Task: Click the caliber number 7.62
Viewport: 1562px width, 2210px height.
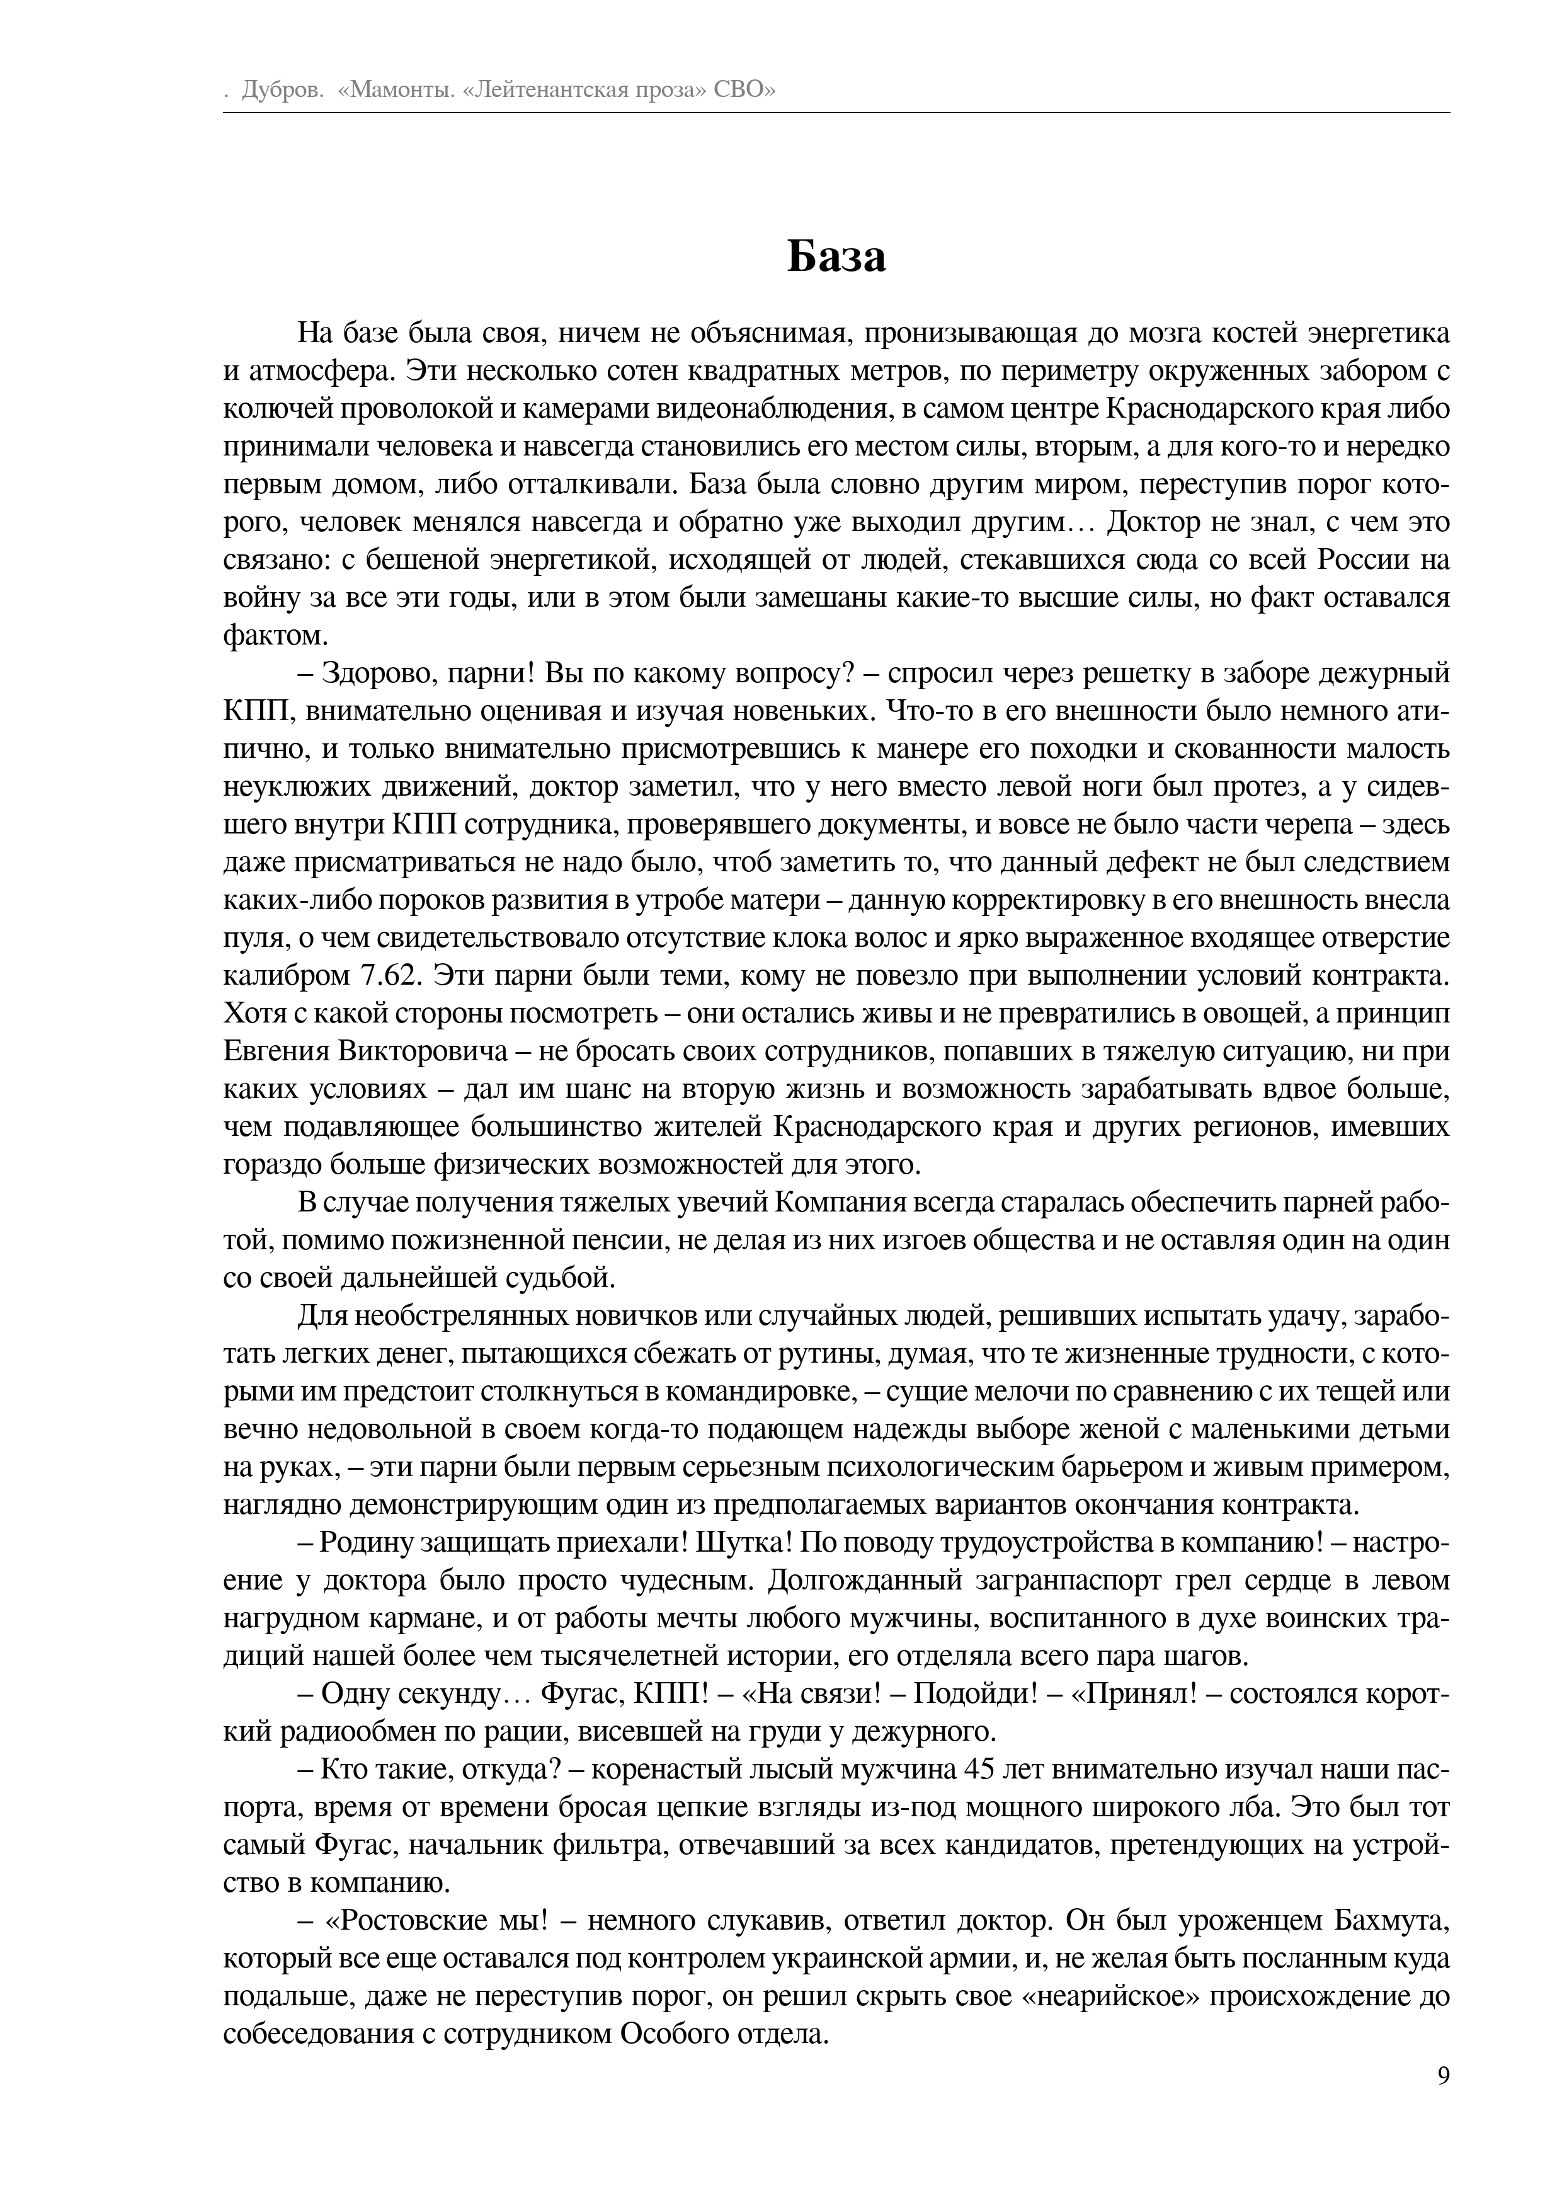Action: pos(392,976)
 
